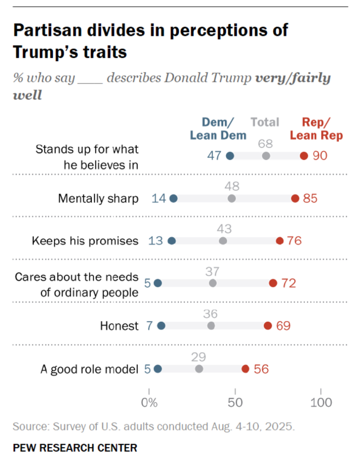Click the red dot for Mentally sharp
295,198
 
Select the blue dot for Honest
161,326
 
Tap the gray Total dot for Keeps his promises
223,241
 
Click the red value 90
320,156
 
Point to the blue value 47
214,156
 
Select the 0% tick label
149,402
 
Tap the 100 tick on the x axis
321,402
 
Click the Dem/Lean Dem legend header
218,129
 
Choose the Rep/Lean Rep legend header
316,129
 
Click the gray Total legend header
265,123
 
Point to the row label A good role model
89,369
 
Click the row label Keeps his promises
85,241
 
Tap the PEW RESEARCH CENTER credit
75,448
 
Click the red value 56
261,369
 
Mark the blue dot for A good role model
158,369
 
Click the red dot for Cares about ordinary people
273,283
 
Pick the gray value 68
266,144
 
